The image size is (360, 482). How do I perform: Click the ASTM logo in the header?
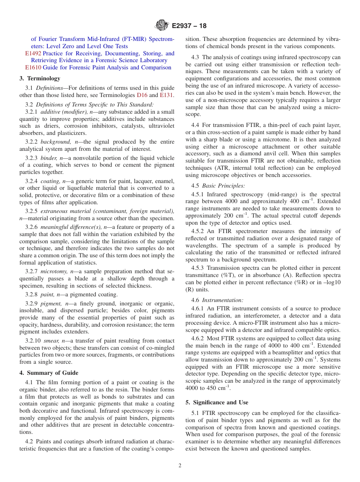point(162,26)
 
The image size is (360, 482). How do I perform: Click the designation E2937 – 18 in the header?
point(189,26)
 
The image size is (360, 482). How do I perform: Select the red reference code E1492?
point(33,53)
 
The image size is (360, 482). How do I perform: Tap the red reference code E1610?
point(33,67)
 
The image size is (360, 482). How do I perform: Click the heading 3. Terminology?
point(40,78)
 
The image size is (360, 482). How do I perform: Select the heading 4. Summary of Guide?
point(49,373)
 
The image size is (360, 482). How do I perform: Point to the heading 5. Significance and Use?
point(217,402)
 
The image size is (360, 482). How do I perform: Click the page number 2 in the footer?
point(180,466)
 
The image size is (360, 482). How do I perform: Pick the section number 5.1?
point(196,413)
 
